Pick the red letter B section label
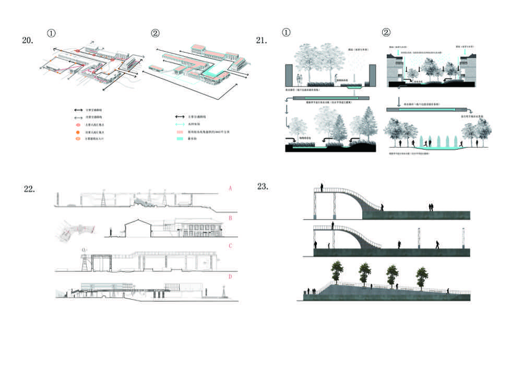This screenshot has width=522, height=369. coord(230,218)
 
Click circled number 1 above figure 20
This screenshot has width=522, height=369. coord(51,33)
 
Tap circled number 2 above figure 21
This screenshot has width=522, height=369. coord(386,32)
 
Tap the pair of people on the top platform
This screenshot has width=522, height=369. coord(431,207)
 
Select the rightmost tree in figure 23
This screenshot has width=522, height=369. coord(421,275)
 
